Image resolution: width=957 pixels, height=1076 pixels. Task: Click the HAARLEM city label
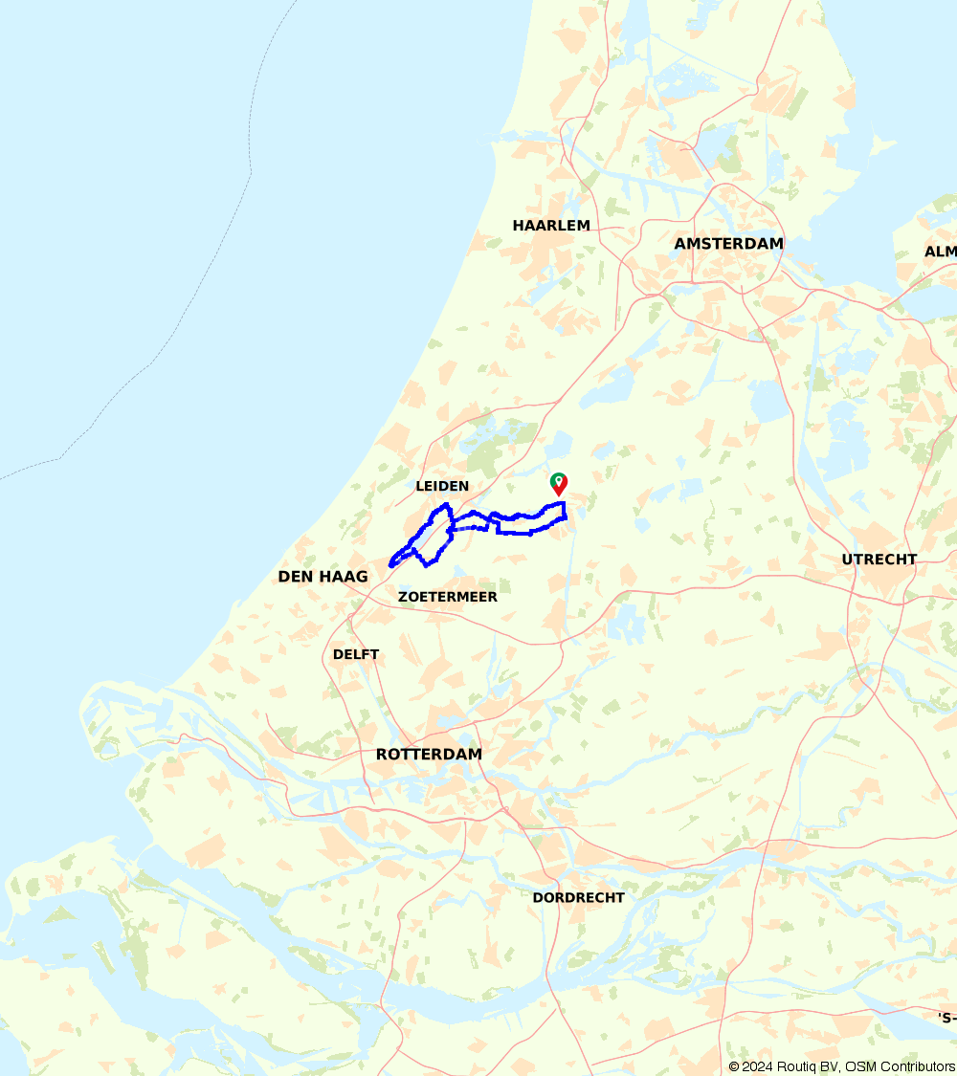click(x=551, y=226)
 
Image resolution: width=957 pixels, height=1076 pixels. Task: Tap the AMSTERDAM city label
click(x=728, y=244)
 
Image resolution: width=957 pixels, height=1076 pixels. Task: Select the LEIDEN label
click(x=442, y=486)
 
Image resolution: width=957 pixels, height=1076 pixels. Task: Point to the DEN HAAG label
click(x=323, y=577)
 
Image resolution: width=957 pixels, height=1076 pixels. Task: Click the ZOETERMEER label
click(x=448, y=597)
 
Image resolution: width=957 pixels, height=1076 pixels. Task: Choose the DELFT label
click(x=356, y=655)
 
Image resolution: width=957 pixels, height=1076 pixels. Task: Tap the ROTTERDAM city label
click(x=429, y=755)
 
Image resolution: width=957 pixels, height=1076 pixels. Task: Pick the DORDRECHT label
click(x=578, y=898)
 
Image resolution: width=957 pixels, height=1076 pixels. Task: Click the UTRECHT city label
click(x=879, y=560)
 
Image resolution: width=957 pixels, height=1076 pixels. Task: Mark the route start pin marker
click(x=559, y=484)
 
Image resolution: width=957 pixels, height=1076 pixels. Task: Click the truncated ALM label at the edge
click(x=940, y=252)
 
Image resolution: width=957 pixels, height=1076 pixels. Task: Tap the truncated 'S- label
click(x=946, y=1017)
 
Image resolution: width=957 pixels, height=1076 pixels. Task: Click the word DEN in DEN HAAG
click(x=293, y=577)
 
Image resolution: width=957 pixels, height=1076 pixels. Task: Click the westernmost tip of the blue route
click(x=390, y=564)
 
